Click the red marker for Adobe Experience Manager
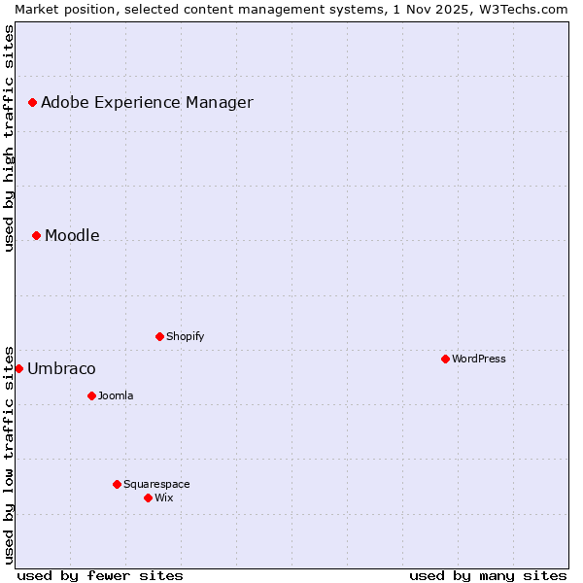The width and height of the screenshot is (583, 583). (32, 102)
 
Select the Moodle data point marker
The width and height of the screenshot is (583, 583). (36, 235)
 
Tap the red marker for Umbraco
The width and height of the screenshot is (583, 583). (18, 368)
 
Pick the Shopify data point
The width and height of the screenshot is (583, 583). (159, 336)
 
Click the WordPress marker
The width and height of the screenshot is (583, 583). (445, 359)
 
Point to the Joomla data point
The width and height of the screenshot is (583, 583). (91, 395)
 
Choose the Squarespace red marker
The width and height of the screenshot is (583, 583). (117, 484)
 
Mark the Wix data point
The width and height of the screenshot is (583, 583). (148, 497)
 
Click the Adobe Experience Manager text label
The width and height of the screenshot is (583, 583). (147, 102)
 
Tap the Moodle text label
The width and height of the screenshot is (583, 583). (72, 235)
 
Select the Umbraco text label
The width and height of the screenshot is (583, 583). (61, 368)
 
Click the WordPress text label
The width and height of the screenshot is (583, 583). (479, 359)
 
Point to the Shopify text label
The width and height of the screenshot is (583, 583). (186, 336)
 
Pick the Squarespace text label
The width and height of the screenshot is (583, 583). (156, 484)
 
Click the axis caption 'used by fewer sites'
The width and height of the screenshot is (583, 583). (100, 575)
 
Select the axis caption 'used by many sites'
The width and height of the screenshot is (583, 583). (488, 575)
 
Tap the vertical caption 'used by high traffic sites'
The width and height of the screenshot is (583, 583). (9, 138)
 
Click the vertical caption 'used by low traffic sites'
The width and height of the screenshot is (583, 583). (9, 454)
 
